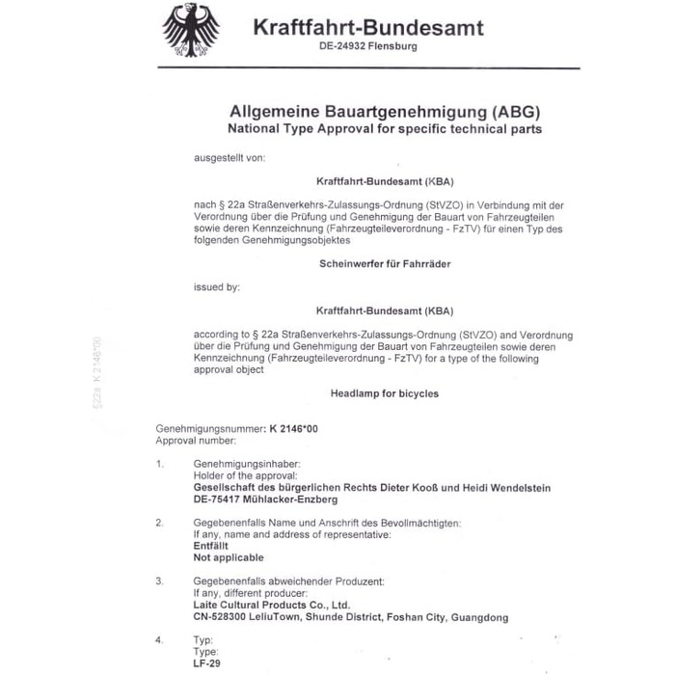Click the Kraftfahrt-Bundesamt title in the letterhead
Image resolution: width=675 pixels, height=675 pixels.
pyautogui.click(x=367, y=26)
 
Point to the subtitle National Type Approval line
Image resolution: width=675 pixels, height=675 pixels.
pyautogui.click(x=385, y=128)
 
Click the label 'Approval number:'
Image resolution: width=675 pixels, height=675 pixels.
pyautogui.click(x=195, y=440)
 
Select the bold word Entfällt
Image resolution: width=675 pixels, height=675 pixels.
pyautogui.click(x=212, y=546)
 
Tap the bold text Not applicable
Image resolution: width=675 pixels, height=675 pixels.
pyautogui.click(x=228, y=557)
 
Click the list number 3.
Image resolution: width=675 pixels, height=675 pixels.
pyautogui.click(x=160, y=581)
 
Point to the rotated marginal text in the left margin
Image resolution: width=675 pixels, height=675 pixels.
pyautogui.click(x=95, y=371)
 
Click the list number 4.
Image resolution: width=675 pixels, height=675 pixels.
pyautogui.click(x=160, y=639)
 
